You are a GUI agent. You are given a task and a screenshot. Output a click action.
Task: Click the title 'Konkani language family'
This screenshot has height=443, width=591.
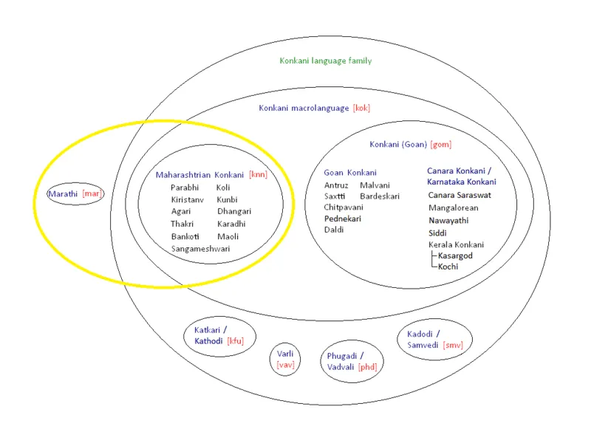tap(325, 61)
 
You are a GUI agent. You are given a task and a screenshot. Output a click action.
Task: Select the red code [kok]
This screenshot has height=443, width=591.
tap(361, 108)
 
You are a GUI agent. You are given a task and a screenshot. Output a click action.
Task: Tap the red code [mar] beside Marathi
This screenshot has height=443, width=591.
tap(92, 193)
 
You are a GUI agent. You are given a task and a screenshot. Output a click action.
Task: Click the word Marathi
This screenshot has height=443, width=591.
tap(64, 193)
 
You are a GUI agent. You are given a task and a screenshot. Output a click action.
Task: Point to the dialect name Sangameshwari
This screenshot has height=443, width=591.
tap(200, 249)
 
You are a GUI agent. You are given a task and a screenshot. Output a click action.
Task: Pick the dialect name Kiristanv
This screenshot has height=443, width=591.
tap(187, 199)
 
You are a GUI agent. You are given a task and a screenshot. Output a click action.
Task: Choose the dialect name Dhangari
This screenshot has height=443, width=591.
tap(234, 211)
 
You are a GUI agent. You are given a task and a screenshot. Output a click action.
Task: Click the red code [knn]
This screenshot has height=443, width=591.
tap(258, 175)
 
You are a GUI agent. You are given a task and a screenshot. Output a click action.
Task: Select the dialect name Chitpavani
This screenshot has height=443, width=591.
tap(344, 207)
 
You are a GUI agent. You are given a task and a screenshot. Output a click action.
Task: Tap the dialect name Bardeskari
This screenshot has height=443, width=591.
tap(380, 196)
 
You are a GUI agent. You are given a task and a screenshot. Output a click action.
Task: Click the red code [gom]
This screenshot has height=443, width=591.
tap(440, 145)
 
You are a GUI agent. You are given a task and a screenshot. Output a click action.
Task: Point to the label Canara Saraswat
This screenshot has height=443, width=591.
tap(460, 195)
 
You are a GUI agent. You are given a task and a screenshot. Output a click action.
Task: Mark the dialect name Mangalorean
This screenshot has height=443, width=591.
tap(453, 207)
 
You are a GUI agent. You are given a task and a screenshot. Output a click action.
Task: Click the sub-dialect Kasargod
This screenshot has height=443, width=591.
tap(455, 255)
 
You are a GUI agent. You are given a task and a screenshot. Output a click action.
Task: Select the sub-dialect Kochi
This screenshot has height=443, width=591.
tap(448, 266)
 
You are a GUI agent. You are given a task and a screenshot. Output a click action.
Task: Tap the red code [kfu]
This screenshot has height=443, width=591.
tap(235, 341)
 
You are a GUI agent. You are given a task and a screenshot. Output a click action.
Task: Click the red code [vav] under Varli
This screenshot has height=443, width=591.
tap(285, 365)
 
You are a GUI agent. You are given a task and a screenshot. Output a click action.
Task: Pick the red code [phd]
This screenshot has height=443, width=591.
tap(367, 367)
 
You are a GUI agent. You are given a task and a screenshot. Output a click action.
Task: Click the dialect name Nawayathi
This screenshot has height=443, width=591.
tap(448, 220)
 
